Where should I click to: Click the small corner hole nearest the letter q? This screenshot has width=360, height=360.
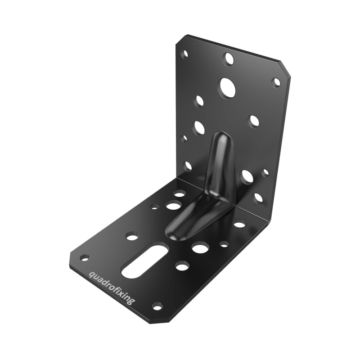pos(84,258)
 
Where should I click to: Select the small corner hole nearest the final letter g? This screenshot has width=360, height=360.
pos(157,306)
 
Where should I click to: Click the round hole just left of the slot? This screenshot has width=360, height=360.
pos(132,236)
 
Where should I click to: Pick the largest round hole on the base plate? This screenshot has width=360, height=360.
pos(200,247)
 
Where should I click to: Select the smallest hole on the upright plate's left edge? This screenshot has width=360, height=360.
pos(184,139)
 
